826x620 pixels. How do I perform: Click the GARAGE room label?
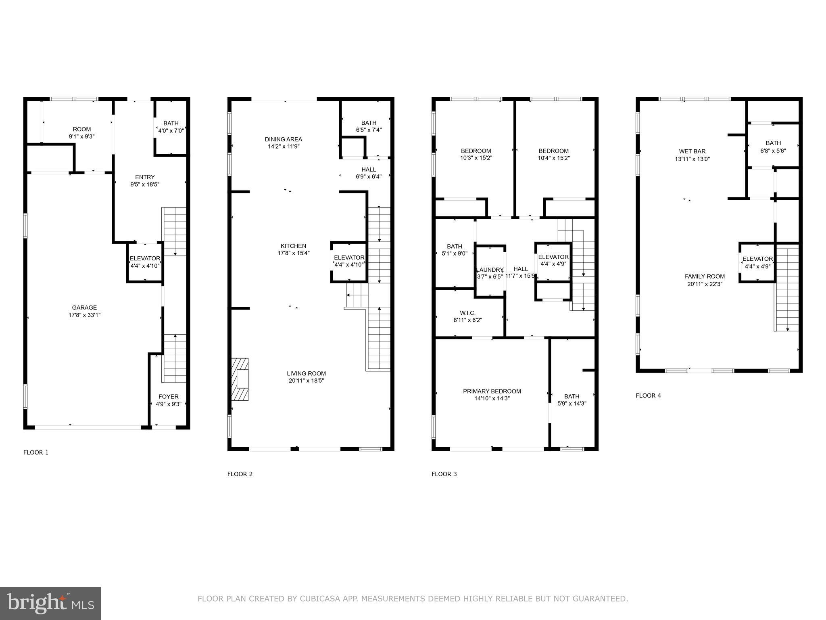tap(84, 308)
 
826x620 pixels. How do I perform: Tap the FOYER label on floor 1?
tap(168, 397)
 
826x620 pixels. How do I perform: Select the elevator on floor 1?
tap(145, 262)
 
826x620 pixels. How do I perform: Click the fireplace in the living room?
tap(240, 379)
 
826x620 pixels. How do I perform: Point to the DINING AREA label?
tap(284, 140)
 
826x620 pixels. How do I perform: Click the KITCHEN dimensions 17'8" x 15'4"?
tap(294, 253)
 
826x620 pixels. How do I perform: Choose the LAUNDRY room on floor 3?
tap(490, 270)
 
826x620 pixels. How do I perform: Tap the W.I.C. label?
tap(467, 313)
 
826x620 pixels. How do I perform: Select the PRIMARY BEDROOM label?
tap(492, 391)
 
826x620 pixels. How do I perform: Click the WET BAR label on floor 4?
tap(692, 152)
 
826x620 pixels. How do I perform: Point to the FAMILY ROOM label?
tap(705, 276)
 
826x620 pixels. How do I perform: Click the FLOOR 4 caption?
tap(648, 396)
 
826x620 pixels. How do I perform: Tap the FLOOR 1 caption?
tap(36, 452)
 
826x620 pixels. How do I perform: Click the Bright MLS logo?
tap(50, 603)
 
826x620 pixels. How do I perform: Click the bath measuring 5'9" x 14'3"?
tap(572, 400)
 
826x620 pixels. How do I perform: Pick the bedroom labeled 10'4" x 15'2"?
tap(553, 155)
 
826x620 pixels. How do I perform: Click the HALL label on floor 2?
tap(369, 170)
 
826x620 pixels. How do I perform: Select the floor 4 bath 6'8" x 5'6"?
tap(773, 147)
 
